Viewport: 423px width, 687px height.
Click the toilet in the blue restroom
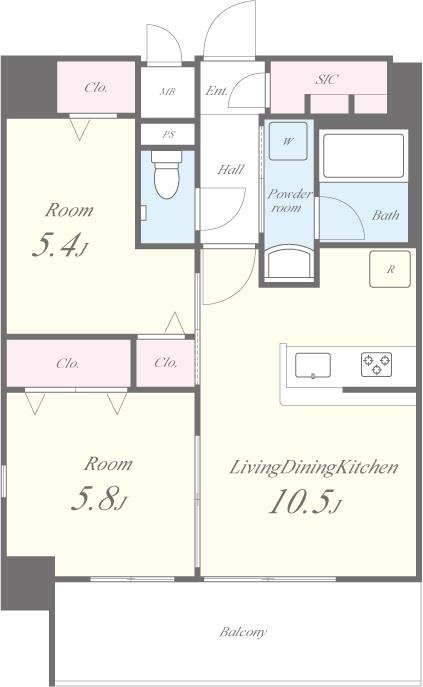[x=167, y=174]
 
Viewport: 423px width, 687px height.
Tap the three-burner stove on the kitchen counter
[x=376, y=365]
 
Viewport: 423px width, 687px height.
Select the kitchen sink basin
[x=313, y=365]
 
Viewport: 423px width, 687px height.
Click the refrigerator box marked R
[x=390, y=269]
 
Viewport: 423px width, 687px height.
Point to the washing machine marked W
[x=288, y=141]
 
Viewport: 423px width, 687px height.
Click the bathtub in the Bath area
[x=363, y=156]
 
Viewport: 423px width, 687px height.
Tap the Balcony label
[x=243, y=632]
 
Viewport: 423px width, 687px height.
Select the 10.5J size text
[x=305, y=501]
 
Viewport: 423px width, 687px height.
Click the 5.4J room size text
[x=60, y=245]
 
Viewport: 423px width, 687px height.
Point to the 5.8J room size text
[x=99, y=499]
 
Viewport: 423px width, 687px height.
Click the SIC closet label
[x=327, y=79]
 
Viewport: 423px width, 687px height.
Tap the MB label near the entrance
[x=167, y=92]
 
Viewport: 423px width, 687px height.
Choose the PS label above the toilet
[x=169, y=135]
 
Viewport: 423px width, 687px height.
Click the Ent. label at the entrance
[x=217, y=91]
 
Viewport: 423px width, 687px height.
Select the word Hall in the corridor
[x=231, y=169]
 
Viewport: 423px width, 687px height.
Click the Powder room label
[x=289, y=200]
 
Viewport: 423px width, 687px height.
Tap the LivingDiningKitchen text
[x=314, y=467]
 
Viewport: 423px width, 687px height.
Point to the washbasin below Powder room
[x=290, y=262]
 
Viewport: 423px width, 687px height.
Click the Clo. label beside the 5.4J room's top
[x=96, y=88]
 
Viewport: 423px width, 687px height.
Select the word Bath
[x=386, y=215]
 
